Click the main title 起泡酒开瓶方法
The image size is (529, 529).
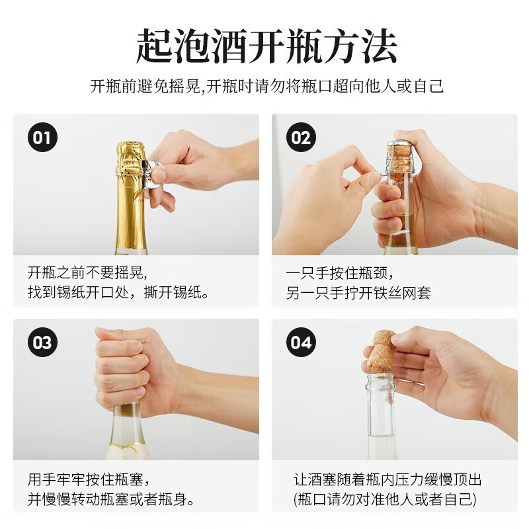[x=266, y=46]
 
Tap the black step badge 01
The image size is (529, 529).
[x=42, y=138]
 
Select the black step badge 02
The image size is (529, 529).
[x=301, y=138]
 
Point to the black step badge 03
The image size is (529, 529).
[x=42, y=342]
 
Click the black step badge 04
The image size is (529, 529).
[x=301, y=342]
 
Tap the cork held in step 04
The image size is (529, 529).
[x=382, y=353]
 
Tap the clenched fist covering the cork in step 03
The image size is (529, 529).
[x=135, y=368]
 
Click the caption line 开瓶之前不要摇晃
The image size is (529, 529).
[x=87, y=272]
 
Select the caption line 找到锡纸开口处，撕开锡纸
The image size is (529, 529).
[x=118, y=292]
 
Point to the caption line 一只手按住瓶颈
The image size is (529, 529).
[x=340, y=273]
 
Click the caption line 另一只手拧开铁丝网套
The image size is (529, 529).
[x=358, y=292]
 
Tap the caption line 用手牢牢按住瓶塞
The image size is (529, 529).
[x=89, y=479]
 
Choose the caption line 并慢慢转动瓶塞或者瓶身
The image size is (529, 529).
[x=111, y=499]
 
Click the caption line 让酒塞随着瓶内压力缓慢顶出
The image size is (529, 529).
[x=387, y=479]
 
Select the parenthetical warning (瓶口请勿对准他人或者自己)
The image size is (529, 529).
[x=385, y=499]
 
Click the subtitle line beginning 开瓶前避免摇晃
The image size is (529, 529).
[x=266, y=87]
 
